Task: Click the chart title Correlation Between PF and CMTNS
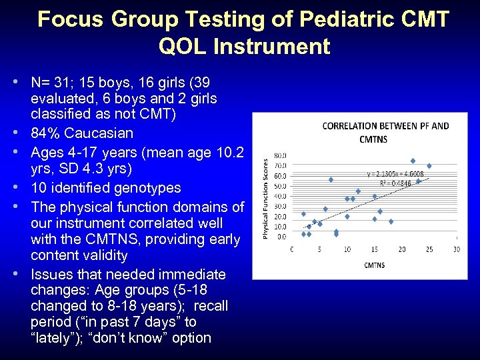coord(376,132)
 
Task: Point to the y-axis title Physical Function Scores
coord(265,198)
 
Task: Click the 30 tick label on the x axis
coord(456,249)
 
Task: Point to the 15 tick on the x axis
coord(374,249)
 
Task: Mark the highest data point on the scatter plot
coord(413,161)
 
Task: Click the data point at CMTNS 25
coord(429,166)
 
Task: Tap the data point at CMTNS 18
coord(391,221)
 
